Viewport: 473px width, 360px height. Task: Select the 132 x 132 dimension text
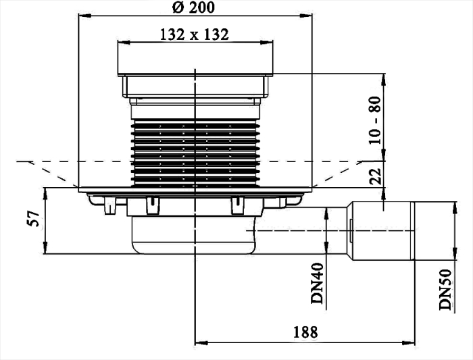coord(195,34)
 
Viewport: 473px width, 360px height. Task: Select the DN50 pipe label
coord(446,290)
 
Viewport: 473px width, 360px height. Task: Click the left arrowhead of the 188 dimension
coord(199,342)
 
